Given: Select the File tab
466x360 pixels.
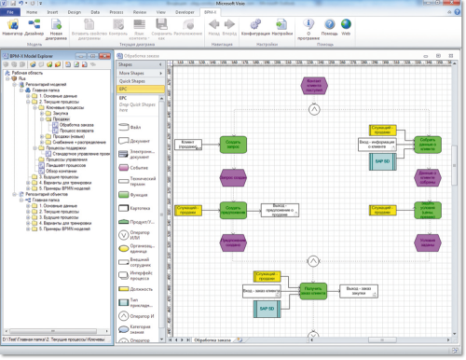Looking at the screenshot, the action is click(x=14, y=12).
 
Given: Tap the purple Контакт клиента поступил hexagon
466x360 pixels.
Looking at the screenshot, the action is click(x=314, y=86).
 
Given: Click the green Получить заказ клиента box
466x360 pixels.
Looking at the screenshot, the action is click(x=313, y=291).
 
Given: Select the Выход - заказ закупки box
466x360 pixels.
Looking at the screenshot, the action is click(x=358, y=291).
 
